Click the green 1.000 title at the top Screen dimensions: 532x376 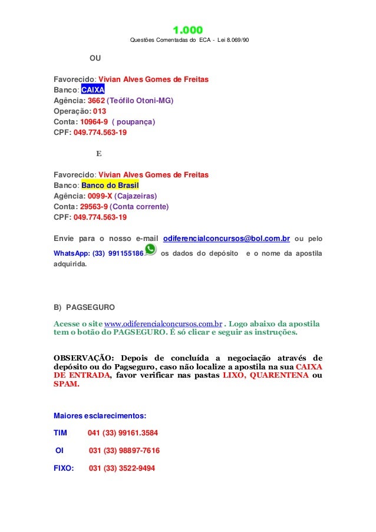coord(187,30)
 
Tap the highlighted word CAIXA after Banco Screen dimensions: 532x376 coord(93,90)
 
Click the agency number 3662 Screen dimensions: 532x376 coord(96,101)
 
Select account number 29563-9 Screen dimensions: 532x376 coord(94,207)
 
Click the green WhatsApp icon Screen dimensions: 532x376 coord(151,250)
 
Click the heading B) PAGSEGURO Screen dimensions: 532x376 coord(85,308)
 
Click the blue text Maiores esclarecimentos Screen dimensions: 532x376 coord(95,415)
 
